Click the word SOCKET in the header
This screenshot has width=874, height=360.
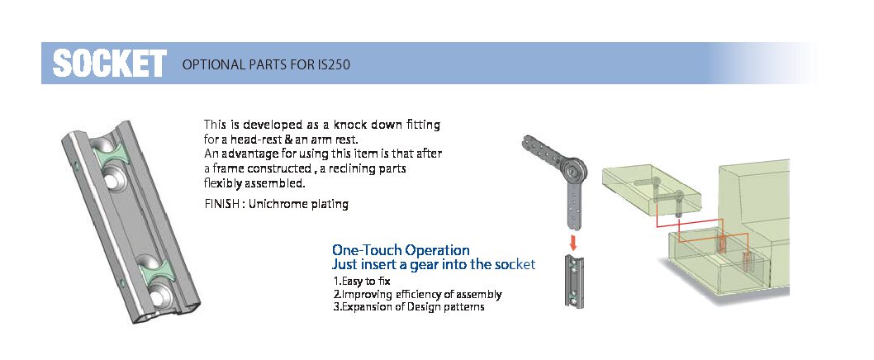pyautogui.click(x=109, y=63)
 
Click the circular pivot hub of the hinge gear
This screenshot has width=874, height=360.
pyautogui.click(x=572, y=170)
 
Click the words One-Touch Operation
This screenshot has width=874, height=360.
pyautogui.click(x=401, y=249)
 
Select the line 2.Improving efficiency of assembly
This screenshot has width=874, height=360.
pyautogui.click(x=417, y=294)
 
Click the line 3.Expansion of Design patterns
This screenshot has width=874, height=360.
pyautogui.click(x=409, y=307)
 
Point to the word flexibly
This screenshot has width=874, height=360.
pyautogui.click(x=223, y=183)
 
